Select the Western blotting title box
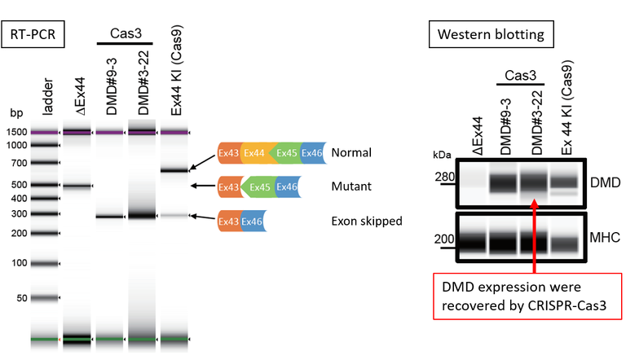[x=490, y=34]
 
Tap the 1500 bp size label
[x=19, y=132]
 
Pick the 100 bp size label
[x=22, y=262]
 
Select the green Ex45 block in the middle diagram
[x=260, y=187]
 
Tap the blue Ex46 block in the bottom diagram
[x=251, y=221]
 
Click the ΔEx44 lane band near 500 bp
[x=78, y=186]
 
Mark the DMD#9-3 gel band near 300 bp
[x=109, y=217]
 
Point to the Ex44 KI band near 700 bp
[x=174, y=170]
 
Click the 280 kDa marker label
[x=443, y=178]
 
